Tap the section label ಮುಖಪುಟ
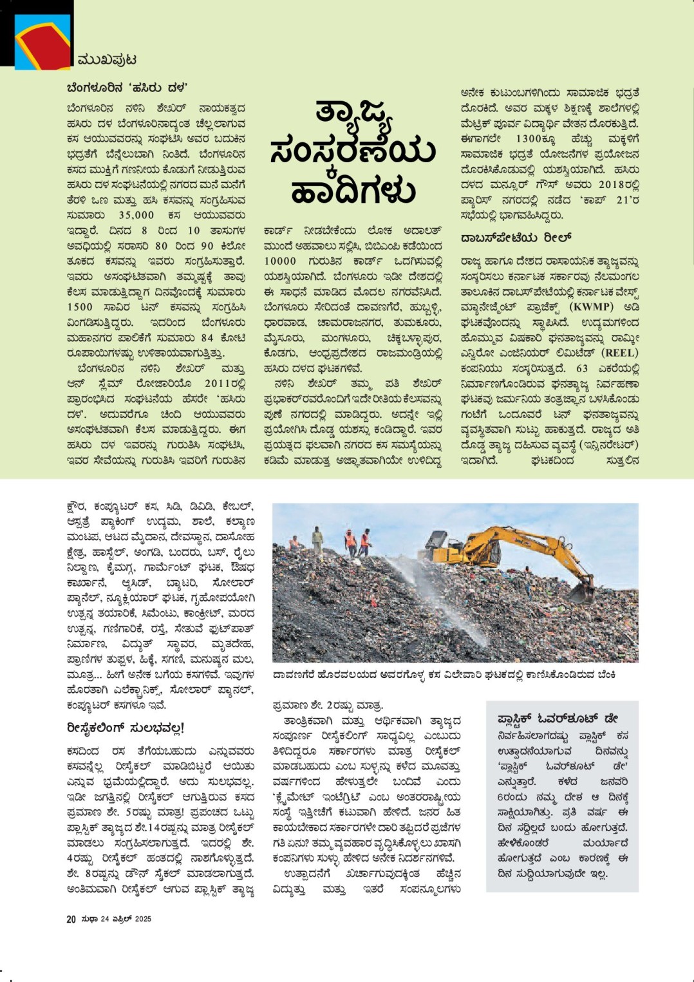pos(106,60)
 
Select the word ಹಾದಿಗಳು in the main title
pos(353,189)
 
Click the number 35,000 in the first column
pos(136,215)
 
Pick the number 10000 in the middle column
pos(281,261)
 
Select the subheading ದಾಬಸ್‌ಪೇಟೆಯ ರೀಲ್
pos(516,238)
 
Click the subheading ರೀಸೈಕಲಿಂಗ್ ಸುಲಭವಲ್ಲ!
pos(126,728)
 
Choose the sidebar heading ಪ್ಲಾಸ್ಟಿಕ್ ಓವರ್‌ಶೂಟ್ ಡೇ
pos(558,718)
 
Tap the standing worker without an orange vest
pos(317,540)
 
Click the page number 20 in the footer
pos(71,919)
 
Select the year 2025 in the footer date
pos(143,919)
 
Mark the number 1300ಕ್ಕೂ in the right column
pos(537,138)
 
